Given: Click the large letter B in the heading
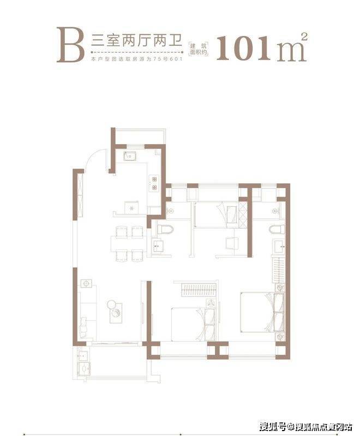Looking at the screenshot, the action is point(70,45).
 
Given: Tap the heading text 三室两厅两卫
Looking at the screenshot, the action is point(136,41).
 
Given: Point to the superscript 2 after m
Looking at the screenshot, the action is point(304,37).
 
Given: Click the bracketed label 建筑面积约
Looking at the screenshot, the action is point(199,49).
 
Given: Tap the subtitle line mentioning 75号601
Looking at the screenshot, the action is point(136,59).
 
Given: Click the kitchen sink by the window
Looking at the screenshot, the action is point(130,156).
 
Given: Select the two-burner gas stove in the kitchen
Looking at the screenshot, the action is point(154,183).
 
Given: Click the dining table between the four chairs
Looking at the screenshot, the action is point(129,243).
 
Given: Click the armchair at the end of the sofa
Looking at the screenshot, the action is point(83,325).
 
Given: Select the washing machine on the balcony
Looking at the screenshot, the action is point(84,369).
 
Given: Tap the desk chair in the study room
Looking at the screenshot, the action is point(232,243).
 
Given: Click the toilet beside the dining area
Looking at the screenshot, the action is point(165,229).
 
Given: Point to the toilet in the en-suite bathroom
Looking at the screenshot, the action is point(277,229).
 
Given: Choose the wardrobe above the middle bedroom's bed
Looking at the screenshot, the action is point(198,290).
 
